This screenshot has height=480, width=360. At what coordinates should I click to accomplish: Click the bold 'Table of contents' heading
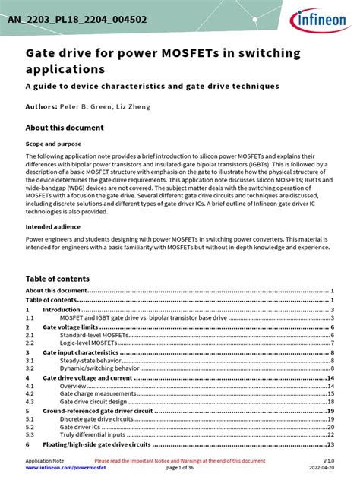coord(57,279)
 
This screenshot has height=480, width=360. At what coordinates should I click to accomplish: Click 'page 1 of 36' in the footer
coord(179,468)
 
